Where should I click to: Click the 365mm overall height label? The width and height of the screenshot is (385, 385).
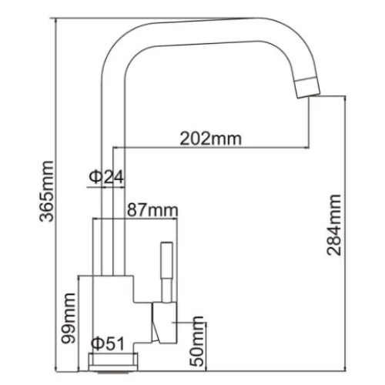coord(47,191)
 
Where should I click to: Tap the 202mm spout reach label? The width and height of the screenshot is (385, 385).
coord(211,139)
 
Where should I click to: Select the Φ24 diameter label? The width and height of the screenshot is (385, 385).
coord(106,176)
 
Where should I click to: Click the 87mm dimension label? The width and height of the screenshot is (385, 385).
coord(152,210)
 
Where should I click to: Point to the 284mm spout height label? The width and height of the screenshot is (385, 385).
coord(334,225)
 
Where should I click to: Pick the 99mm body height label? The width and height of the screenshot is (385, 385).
coord(69,318)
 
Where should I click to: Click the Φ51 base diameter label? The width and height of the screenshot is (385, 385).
coord(108,343)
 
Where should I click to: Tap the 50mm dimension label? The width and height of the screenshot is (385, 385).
coord(196,341)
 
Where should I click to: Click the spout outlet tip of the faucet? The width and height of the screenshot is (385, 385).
coord(308,87)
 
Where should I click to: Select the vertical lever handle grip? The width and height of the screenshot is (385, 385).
coord(166,260)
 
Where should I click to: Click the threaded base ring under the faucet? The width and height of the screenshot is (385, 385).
coord(113,362)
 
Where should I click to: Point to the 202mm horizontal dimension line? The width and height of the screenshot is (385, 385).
coord(211,148)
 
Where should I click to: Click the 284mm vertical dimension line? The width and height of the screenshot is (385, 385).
coord(346,233)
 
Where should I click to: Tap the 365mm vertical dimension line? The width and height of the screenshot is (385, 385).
coord(55,195)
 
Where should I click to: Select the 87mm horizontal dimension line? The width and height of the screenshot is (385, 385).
coord(135,219)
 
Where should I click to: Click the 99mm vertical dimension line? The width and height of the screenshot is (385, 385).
coord(79,323)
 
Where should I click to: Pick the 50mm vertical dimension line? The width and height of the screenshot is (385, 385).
coord(206,346)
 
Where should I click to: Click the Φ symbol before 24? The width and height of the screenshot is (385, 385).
coord(95,176)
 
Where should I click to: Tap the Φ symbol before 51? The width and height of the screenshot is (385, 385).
coord(98,343)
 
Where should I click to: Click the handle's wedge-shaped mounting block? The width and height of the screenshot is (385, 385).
coord(164,323)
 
